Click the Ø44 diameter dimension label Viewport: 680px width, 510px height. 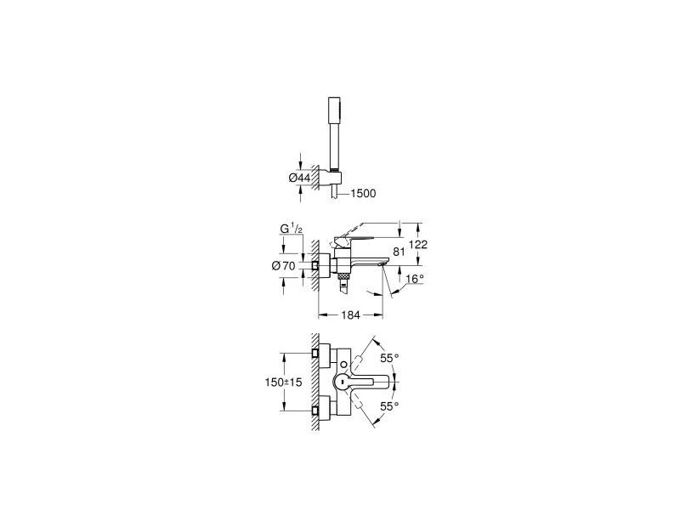coord(298,177)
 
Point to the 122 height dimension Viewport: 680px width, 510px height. coord(417,244)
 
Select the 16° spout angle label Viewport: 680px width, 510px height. coord(415,278)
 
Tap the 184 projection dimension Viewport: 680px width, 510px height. coord(351,315)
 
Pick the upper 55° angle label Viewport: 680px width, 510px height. coord(389,358)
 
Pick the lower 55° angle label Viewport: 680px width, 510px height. coord(389,408)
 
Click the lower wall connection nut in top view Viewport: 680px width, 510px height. coord(316,412)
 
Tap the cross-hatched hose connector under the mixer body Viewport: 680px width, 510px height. coord(342,277)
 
